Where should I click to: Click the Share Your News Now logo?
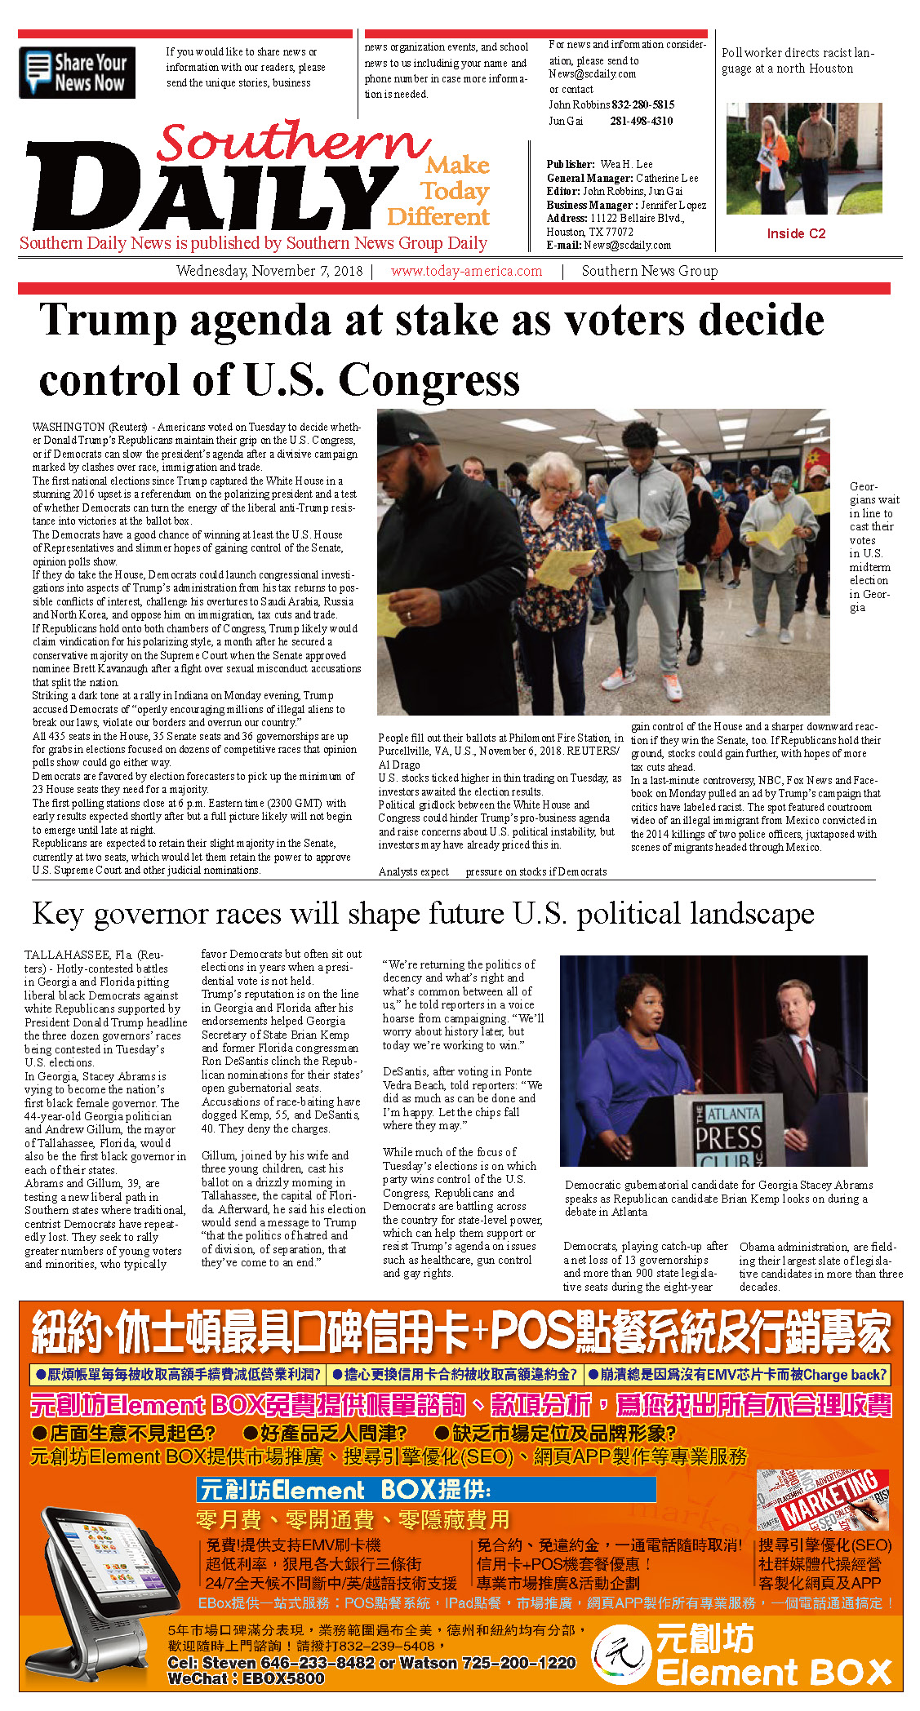[77, 73]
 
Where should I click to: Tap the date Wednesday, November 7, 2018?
[269, 271]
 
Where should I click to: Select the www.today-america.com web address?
[466, 271]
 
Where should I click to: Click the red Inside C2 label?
[796, 233]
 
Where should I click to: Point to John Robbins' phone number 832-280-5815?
[643, 104]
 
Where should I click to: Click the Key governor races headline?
[423, 914]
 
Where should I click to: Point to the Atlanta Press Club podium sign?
[729, 1134]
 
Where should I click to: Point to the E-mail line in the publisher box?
[608, 245]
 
